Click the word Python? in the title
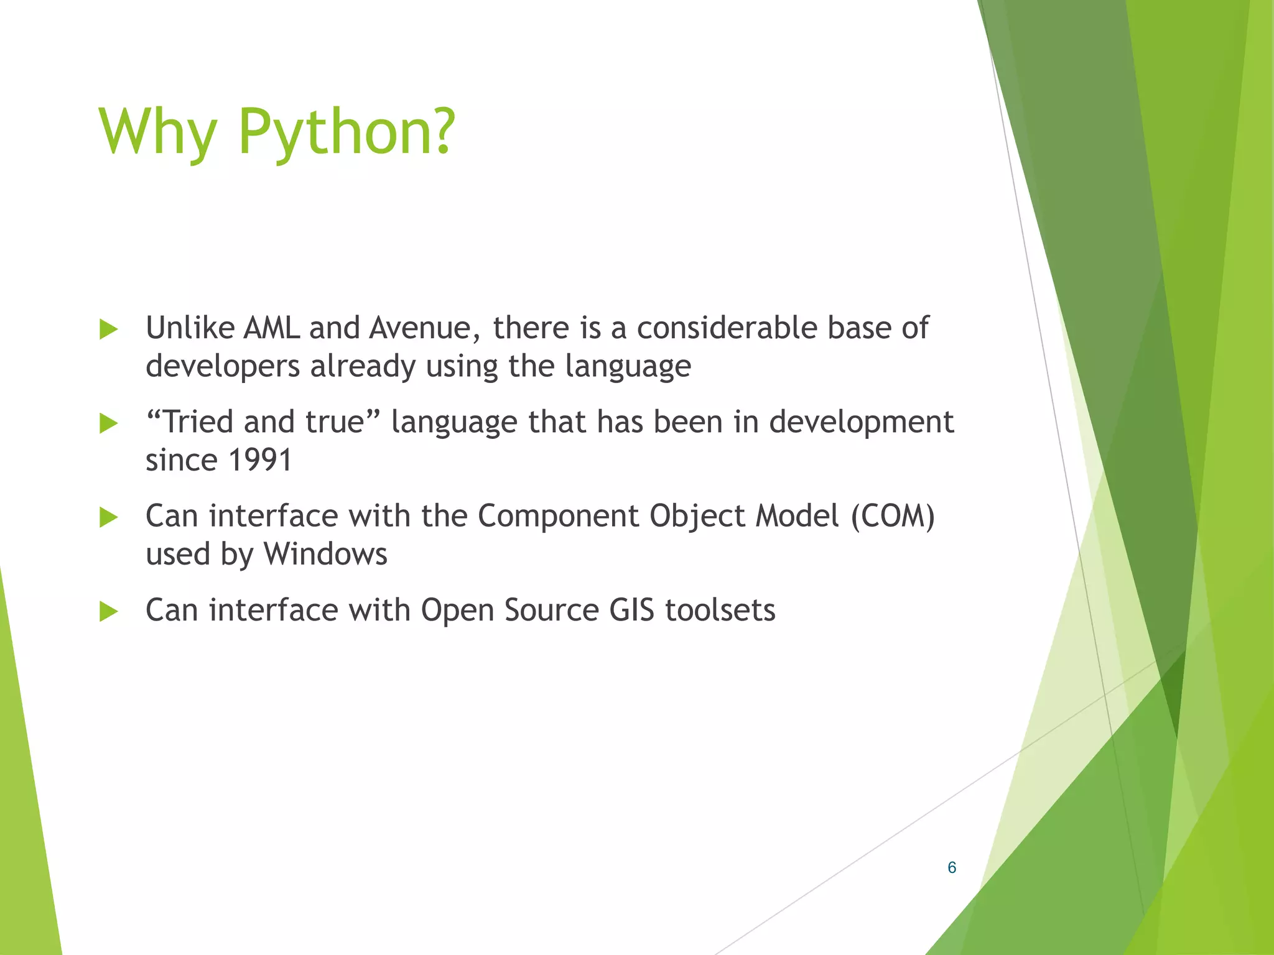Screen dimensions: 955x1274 346,132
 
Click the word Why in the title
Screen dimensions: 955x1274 157,132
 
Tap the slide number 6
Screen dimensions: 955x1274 951,867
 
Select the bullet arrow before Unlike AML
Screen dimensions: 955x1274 108,330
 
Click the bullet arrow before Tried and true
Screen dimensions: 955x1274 108,423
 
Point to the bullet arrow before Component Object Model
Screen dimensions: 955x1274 108,517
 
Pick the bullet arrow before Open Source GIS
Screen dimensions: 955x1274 108,612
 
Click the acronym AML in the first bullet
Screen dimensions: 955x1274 271,328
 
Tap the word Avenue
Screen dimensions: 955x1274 424,328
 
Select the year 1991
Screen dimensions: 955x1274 260,460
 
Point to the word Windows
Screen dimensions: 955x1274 325,553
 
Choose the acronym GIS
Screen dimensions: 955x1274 631,610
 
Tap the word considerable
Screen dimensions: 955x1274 726,328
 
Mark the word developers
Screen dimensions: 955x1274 223,367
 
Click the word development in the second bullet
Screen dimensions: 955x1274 861,423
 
